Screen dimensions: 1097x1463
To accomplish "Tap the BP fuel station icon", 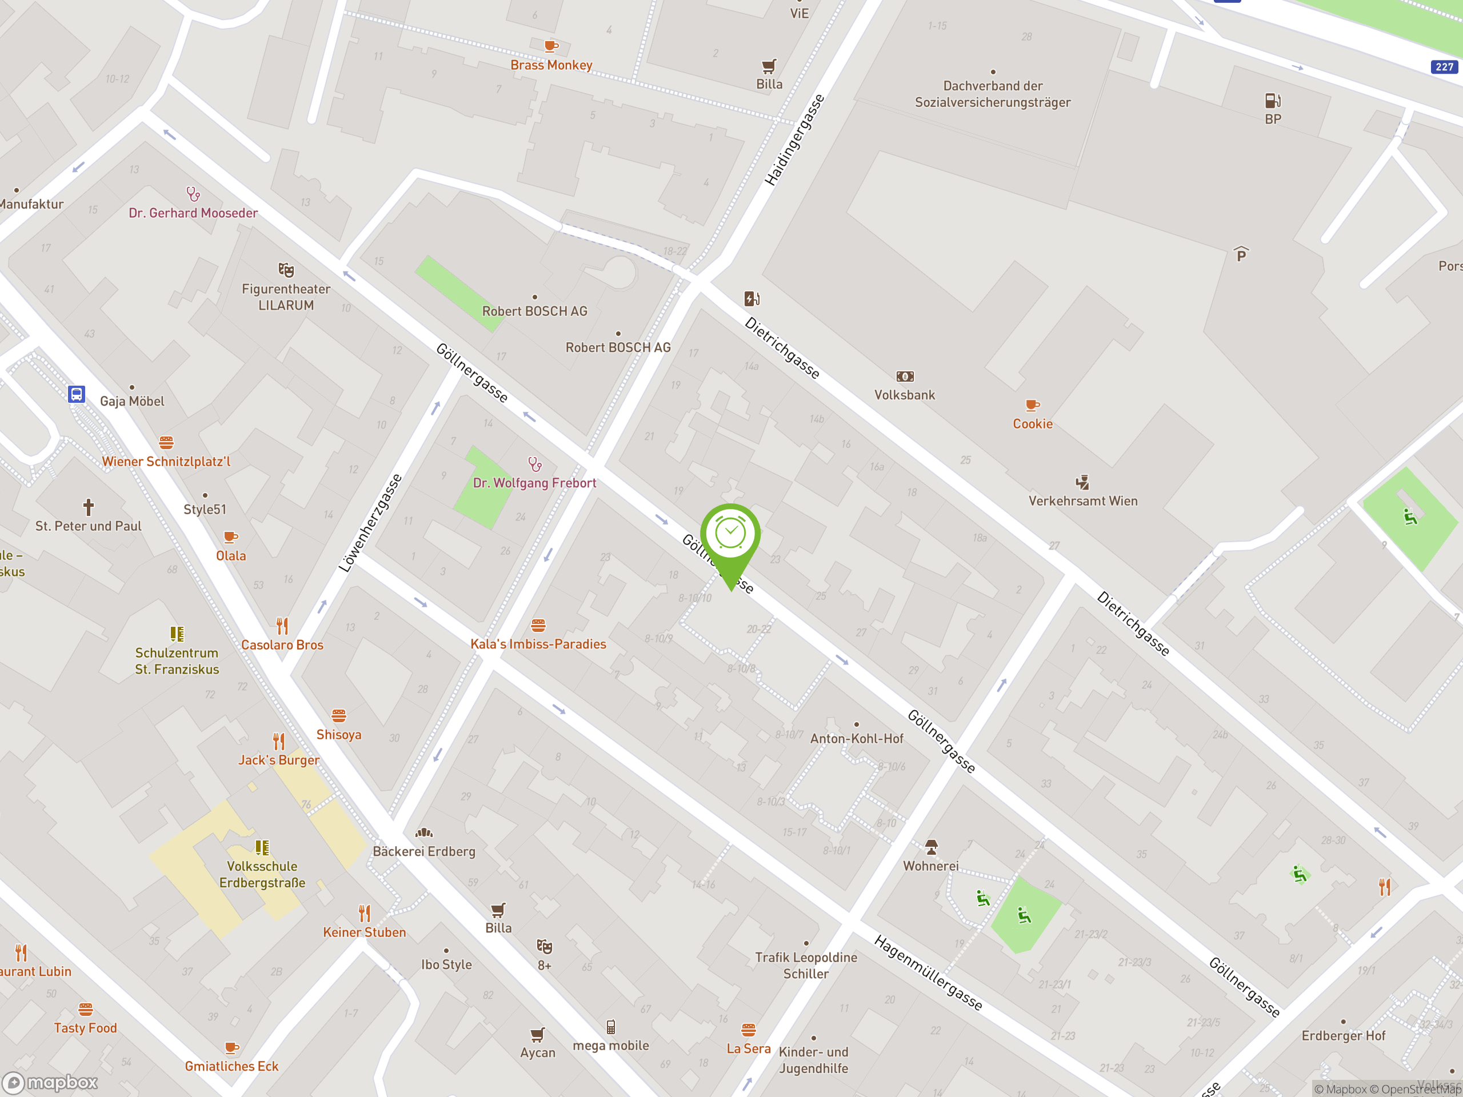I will [x=1273, y=101].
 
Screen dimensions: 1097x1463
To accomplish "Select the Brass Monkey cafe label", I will [x=551, y=65].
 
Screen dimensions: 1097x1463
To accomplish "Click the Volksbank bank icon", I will [x=905, y=377].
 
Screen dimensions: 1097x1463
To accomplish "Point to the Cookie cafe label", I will [x=1033, y=424].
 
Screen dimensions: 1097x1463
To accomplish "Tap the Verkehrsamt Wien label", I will [x=1083, y=501].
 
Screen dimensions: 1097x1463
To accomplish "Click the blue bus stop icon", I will [x=77, y=394].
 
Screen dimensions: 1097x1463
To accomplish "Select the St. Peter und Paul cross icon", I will [x=88, y=507].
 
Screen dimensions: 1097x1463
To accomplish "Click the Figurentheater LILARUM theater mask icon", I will [x=286, y=270].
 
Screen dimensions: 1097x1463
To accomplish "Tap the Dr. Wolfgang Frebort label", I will [x=534, y=483].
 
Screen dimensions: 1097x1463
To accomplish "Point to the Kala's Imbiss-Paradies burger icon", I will [x=538, y=625].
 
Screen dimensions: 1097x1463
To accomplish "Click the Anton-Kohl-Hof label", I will [x=857, y=739].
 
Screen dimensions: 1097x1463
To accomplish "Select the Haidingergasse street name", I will [x=794, y=139].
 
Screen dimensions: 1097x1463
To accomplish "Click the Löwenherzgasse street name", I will [x=370, y=522].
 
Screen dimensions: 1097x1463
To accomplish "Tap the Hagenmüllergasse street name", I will [x=928, y=972].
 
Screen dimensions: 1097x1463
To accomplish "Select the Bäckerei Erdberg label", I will [x=424, y=851].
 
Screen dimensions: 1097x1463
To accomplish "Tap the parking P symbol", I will [x=1241, y=255].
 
